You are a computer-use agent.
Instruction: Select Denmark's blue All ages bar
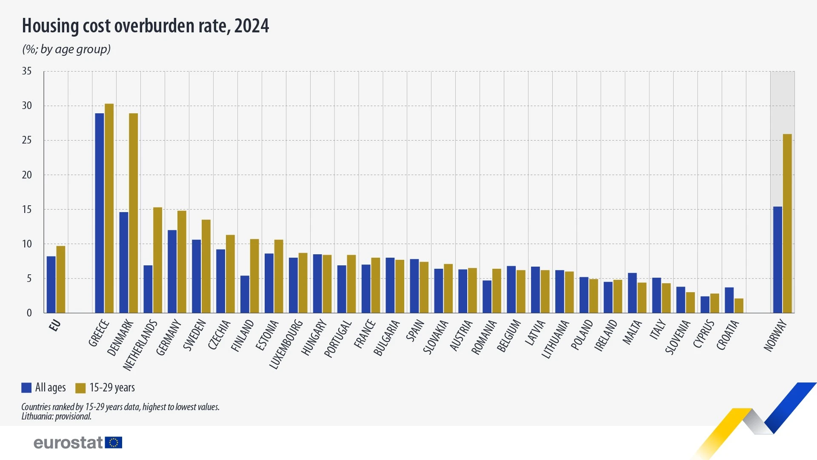pyautogui.click(x=124, y=262)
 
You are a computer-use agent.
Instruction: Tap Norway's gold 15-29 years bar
pyautogui.click(x=787, y=223)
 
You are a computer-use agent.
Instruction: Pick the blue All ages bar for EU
pyautogui.click(x=51, y=285)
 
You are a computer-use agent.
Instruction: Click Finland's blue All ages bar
pyautogui.click(x=245, y=294)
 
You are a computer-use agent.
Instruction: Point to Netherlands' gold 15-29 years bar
pyautogui.click(x=157, y=260)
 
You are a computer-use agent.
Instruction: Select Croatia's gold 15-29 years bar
pyautogui.click(x=739, y=306)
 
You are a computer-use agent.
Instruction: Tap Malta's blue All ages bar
pyautogui.click(x=632, y=293)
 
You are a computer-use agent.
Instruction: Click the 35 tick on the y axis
pyautogui.click(x=27, y=71)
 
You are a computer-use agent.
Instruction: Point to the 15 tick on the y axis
pyautogui.click(x=27, y=210)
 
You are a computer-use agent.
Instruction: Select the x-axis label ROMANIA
pyautogui.click(x=484, y=337)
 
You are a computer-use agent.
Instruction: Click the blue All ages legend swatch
pyautogui.click(x=26, y=388)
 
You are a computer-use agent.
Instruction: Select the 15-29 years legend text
pyautogui.click(x=112, y=388)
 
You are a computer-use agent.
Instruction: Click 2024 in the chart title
pyautogui.click(x=251, y=26)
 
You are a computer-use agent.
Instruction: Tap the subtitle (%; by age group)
pyautogui.click(x=66, y=49)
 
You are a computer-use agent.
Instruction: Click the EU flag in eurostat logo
pyautogui.click(x=114, y=443)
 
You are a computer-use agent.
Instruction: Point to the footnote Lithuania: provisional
pyautogui.click(x=56, y=417)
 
